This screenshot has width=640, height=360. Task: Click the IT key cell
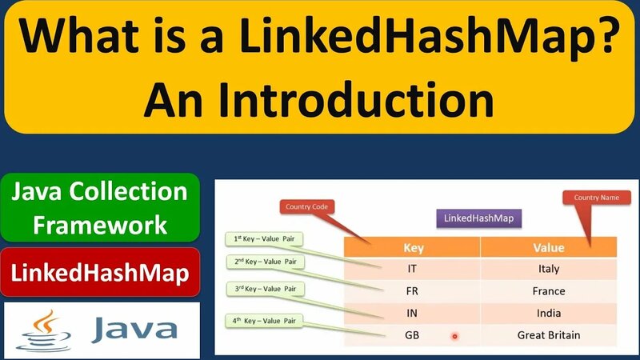(412, 269)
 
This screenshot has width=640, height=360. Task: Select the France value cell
(547, 291)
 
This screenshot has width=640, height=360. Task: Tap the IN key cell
(412, 313)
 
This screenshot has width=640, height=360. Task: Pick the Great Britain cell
(548, 335)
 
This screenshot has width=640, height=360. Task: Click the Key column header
(412, 246)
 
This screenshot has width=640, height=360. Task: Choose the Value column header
(548, 246)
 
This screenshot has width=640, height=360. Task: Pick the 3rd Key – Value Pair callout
(263, 289)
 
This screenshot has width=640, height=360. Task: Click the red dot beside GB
(454, 336)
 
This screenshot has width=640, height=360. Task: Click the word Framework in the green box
(100, 224)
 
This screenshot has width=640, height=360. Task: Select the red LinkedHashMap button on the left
(100, 273)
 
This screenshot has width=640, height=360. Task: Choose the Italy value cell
(547, 269)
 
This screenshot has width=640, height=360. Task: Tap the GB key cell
(412, 335)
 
